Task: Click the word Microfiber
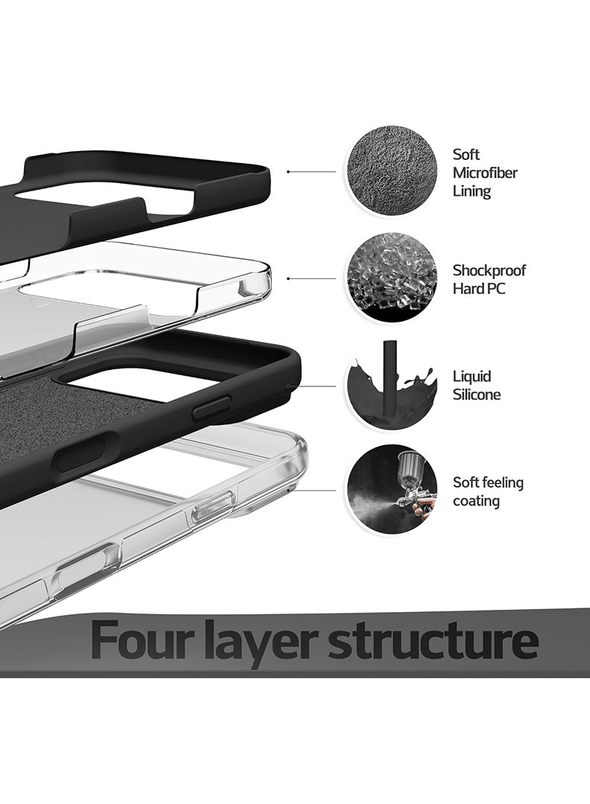(484, 173)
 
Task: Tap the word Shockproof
(489, 270)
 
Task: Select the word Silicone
(476, 395)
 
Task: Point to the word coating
(476, 501)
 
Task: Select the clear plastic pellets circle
(391, 278)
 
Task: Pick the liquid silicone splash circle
(391, 385)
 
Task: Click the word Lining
(472, 191)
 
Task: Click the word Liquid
(472, 377)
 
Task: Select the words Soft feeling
(488, 482)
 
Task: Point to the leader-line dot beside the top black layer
(288, 172)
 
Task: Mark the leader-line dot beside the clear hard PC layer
(288, 278)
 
